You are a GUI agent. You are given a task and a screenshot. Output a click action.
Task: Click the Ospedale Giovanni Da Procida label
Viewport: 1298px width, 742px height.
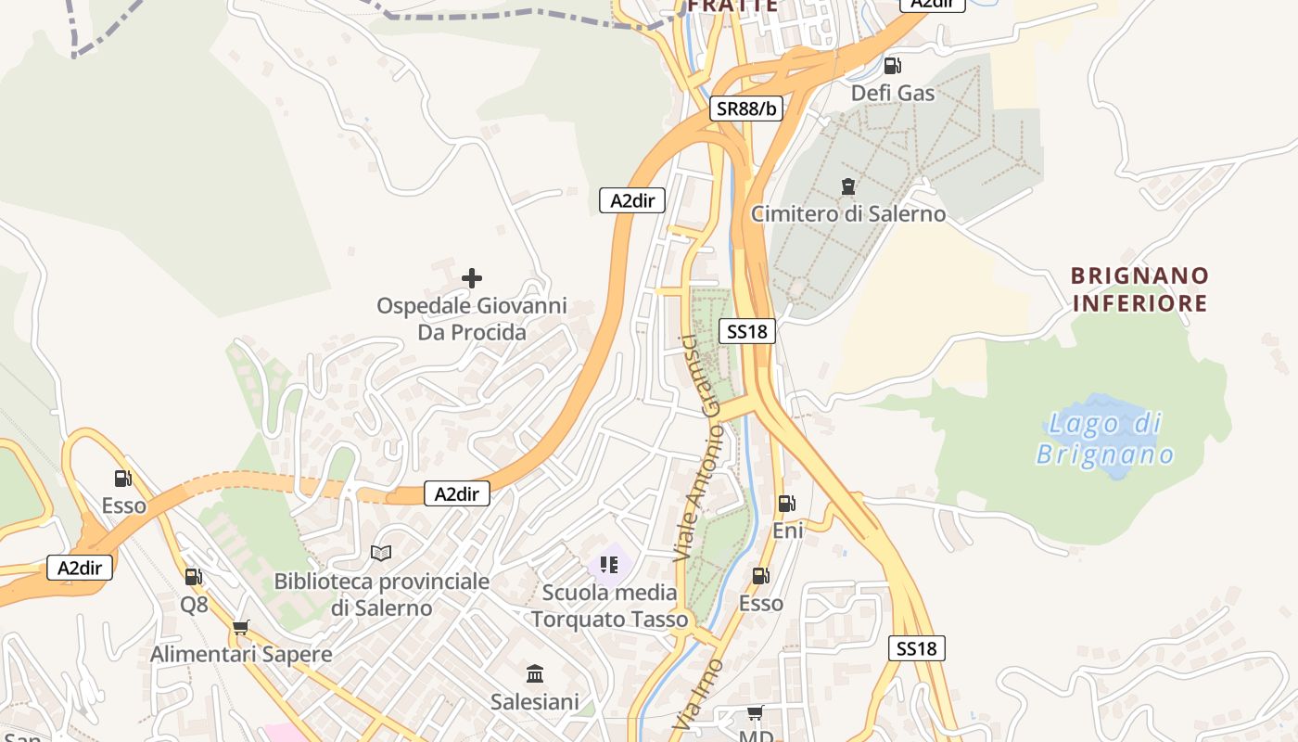(x=471, y=319)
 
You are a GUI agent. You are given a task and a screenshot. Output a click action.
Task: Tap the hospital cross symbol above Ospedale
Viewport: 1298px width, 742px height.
(x=472, y=277)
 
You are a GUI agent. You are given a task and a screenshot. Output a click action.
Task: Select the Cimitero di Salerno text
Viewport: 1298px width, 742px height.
(x=848, y=214)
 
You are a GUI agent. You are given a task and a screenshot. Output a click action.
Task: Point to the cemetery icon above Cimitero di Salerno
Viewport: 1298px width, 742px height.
(x=847, y=186)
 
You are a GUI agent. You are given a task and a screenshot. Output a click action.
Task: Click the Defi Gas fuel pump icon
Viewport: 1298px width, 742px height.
(x=892, y=66)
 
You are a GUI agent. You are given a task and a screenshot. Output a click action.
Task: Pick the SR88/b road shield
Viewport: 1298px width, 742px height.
(x=747, y=109)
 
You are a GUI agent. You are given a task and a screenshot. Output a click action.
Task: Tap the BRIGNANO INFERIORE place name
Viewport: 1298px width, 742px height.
(x=1139, y=289)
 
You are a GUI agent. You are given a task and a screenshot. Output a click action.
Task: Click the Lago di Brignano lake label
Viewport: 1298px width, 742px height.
(x=1105, y=440)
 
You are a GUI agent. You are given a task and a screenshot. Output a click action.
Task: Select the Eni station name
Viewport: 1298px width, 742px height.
(x=788, y=531)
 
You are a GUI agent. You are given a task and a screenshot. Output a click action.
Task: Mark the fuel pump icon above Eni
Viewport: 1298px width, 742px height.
(x=786, y=504)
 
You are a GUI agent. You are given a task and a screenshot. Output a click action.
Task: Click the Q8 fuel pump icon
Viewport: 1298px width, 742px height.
(x=193, y=577)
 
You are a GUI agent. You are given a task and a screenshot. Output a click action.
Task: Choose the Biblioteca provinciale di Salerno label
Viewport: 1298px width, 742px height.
(x=381, y=595)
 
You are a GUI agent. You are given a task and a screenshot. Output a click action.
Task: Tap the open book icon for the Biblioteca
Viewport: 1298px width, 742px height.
(x=381, y=553)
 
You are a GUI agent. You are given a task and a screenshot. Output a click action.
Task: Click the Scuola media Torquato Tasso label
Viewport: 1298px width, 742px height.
(x=610, y=606)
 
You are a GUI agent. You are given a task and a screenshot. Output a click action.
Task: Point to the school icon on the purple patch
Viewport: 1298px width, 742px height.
(x=609, y=564)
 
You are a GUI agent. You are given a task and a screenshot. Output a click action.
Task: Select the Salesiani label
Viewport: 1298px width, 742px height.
(x=535, y=702)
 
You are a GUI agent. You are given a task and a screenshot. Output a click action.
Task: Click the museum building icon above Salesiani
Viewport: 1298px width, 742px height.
(x=535, y=673)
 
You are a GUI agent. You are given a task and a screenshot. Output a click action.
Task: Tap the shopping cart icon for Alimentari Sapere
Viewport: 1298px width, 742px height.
(x=241, y=628)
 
